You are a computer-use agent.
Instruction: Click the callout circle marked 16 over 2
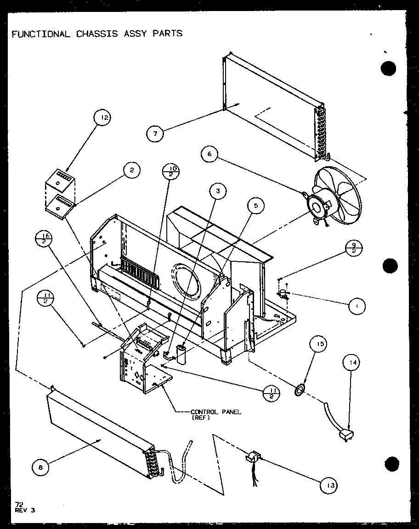(x=45, y=240)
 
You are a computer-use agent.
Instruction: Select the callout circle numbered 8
(x=41, y=467)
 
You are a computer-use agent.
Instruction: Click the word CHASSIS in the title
(x=96, y=34)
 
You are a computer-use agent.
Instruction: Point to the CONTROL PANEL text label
(x=215, y=412)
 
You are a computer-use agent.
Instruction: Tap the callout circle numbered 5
(x=255, y=206)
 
